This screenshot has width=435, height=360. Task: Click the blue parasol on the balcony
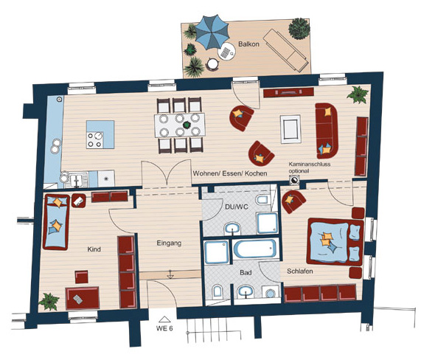pos(212,32)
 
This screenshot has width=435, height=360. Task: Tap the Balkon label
pos(248,44)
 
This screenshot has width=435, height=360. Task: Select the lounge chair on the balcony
pos(286,51)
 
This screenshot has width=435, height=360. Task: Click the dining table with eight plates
pos(180,125)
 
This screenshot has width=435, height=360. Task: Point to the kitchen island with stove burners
pos(100,134)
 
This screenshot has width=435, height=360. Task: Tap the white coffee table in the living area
pos(290,129)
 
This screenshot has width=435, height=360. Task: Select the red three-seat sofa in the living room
pos(327,131)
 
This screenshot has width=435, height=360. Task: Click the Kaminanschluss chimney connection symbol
pos(293,181)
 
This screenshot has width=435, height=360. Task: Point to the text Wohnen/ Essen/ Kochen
pos(230,173)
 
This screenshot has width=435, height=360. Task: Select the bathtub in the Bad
pos(254,249)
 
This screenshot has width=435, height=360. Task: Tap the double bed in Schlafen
pos(335,241)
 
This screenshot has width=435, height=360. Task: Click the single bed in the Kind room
pos(56,222)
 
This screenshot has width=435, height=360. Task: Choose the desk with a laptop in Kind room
pos(83,298)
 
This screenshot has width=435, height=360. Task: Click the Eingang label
pos(169,243)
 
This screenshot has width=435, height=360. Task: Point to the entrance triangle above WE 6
pos(164,319)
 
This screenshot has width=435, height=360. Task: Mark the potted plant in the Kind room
pos(49,301)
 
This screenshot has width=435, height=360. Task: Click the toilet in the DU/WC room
pos(261,200)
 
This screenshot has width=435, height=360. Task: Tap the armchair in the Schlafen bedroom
pos(293,201)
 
